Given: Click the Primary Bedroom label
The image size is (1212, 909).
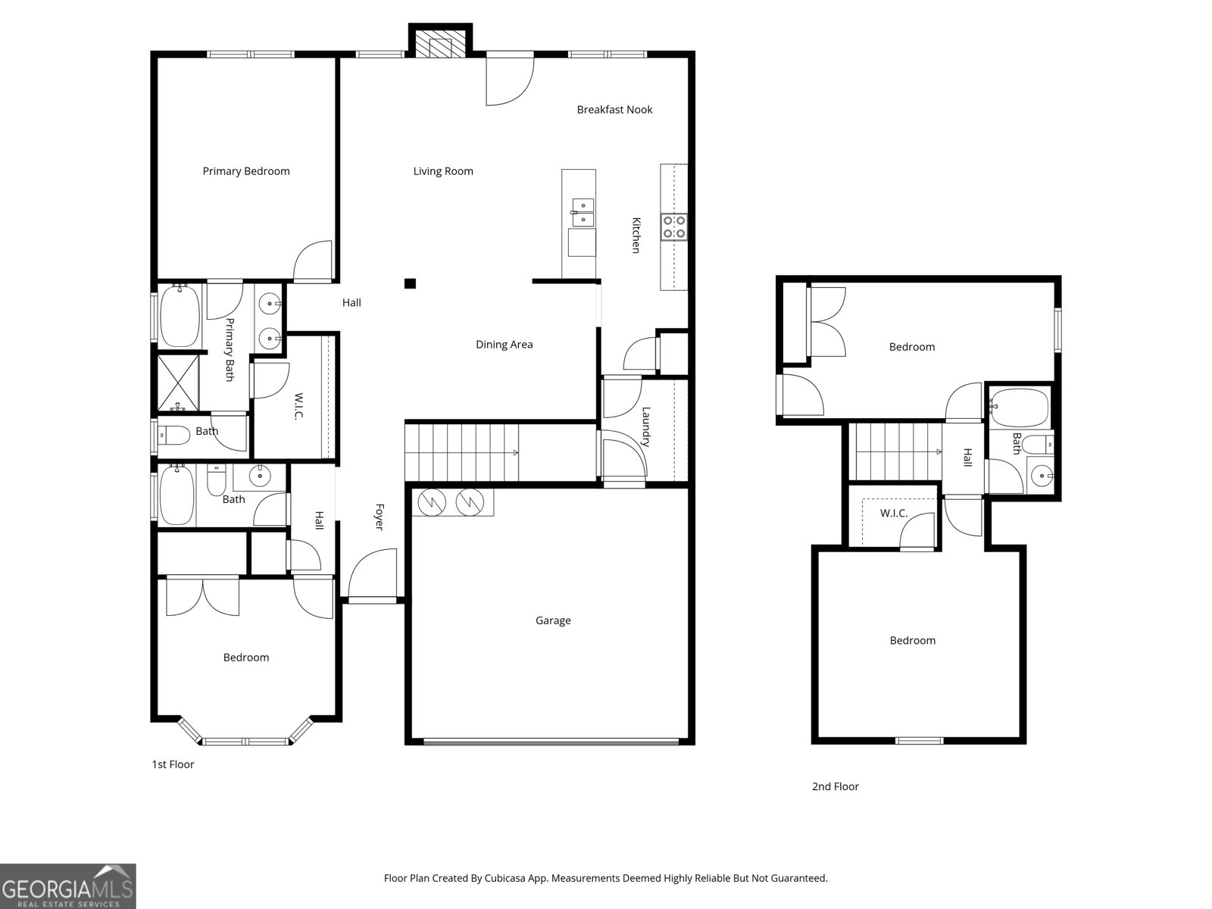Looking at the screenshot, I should [x=246, y=171].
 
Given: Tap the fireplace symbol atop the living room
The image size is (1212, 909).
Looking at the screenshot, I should [x=440, y=45].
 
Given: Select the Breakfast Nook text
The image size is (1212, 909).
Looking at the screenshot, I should [x=614, y=110].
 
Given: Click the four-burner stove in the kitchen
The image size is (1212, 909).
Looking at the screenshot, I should [x=674, y=226].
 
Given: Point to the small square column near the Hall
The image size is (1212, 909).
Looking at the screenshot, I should [x=410, y=284].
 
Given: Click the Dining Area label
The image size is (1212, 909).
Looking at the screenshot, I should [x=504, y=345].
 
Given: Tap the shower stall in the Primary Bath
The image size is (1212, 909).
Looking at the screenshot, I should [x=178, y=383].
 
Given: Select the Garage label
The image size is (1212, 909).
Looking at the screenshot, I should [x=553, y=620].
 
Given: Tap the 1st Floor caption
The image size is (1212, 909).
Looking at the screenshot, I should [x=173, y=764].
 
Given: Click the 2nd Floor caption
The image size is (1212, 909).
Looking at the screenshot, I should [x=835, y=786].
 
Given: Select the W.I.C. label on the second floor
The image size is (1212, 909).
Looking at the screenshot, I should [x=893, y=514].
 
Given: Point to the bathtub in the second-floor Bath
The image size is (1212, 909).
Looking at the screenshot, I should [x=1020, y=408].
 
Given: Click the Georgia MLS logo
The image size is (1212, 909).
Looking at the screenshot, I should [x=67, y=886].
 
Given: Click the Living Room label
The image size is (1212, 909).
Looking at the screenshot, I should [x=443, y=171].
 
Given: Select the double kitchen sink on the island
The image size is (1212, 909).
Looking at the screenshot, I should [x=583, y=212].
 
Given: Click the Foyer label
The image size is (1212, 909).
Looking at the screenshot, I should [x=378, y=517].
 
